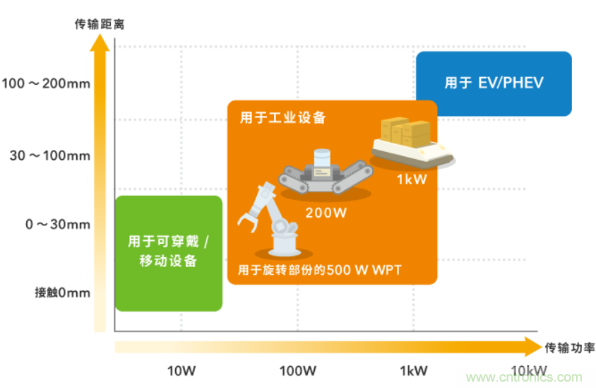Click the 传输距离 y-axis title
[100, 23]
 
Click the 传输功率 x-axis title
[569, 347]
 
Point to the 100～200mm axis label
[46, 83]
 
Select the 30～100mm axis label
[50, 155]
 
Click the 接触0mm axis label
[62, 293]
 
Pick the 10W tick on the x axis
[181, 370]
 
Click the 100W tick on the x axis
[297, 370]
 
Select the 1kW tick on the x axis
[413, 370]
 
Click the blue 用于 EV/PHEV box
[494, 83]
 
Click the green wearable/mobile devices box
[168, 252]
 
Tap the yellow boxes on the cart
[405, 132]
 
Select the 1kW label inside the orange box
[412, 180]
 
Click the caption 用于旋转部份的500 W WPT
[320, 269]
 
